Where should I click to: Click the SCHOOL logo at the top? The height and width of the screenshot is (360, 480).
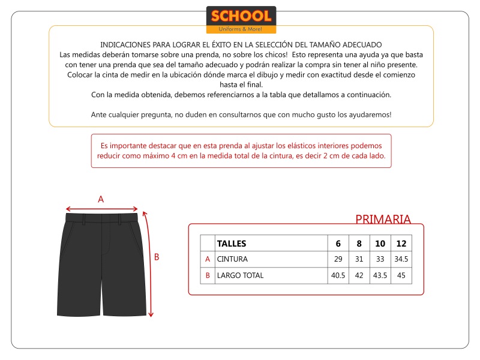point(241,19)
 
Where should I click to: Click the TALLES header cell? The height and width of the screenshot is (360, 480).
point(232,244)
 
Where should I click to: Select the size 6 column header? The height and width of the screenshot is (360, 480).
point(338,244)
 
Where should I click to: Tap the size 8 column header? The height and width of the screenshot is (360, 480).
point(359,244)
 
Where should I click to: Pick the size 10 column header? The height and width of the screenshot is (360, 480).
point(380,244)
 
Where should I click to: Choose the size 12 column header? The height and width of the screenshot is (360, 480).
point(401,244)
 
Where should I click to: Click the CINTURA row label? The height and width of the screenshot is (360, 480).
point(232,259)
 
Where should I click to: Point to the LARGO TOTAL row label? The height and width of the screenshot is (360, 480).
point(240,275)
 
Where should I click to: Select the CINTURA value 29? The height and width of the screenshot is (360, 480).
point(338,259)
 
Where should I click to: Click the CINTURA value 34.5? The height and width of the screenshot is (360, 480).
point(401,259)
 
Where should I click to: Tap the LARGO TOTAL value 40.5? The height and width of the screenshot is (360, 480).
point(338,275)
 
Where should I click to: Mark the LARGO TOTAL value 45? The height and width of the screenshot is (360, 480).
point(401,275)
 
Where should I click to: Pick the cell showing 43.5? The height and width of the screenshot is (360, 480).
point(380,275)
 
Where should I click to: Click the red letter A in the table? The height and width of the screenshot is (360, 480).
point(208,259)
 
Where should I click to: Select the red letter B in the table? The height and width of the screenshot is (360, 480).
point(208,275)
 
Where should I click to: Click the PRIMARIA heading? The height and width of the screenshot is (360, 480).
point(383,219)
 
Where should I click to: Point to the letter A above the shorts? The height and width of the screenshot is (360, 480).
point(101,199)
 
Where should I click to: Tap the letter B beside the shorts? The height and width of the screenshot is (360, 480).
point(157,257)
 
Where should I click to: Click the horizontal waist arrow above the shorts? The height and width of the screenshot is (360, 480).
point(102,209)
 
